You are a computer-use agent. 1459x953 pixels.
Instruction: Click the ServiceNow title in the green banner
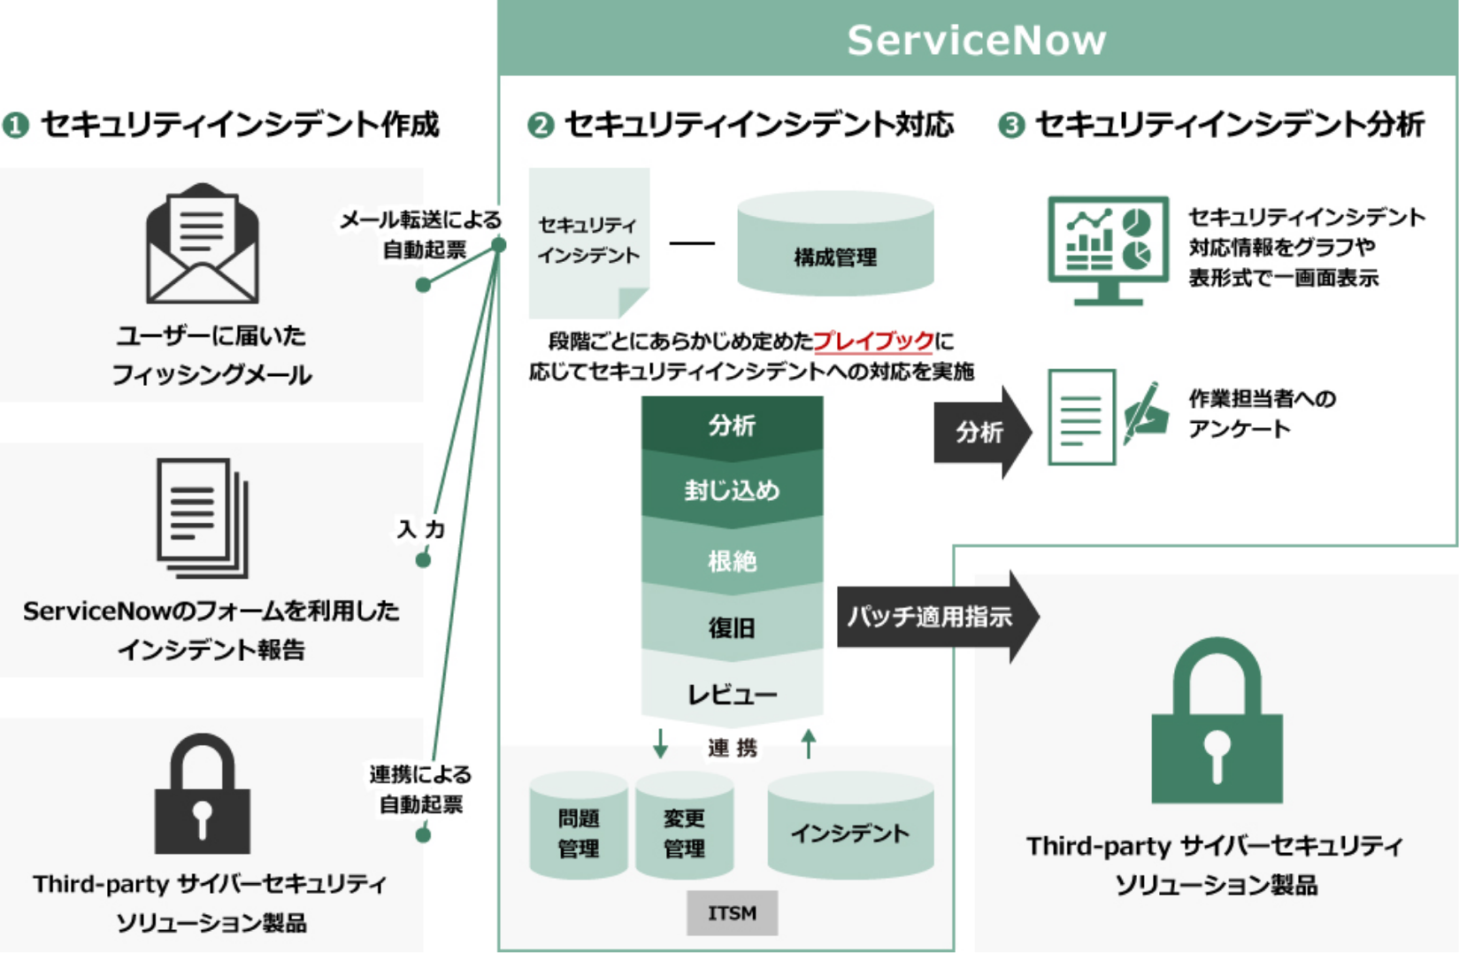[x=977, y=40]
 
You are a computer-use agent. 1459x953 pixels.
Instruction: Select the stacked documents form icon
[x=203, y=517]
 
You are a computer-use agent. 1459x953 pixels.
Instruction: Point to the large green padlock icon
[x=1217, y=722]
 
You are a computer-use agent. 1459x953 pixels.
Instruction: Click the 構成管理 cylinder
[x=835, y=245]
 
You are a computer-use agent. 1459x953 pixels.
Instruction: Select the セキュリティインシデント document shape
[x=588, y=241]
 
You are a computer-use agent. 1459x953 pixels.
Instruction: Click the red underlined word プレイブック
[x=872, y=341]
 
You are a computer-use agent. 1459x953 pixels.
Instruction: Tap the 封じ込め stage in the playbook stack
[x=732, y=490]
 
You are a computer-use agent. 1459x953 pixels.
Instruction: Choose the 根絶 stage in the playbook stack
[x=732, y=559]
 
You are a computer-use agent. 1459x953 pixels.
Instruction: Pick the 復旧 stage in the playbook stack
[x=732, y=627]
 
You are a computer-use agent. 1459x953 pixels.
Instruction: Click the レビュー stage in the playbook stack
[x=732, y=694]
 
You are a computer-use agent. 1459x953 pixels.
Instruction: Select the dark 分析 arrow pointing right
[x=981, y=433]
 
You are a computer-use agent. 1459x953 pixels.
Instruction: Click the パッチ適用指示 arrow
[x=933, y=617]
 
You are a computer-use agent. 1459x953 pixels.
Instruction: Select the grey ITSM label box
[x=732, y=912]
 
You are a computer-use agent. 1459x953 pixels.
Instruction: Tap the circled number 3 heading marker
[x=1011, y=126]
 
